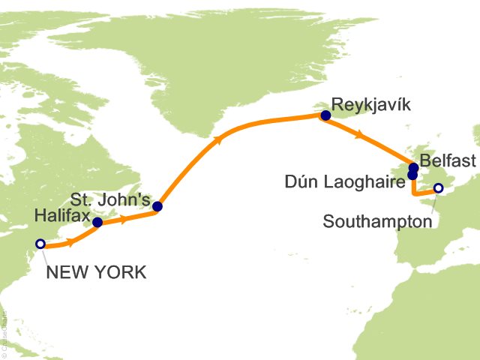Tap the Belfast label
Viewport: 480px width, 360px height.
448,160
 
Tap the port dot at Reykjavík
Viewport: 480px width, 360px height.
325,115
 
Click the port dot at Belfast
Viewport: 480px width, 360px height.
413,167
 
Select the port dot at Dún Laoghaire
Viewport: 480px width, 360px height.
412,175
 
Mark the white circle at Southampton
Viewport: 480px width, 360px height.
438,188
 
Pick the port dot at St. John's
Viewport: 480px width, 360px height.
157,206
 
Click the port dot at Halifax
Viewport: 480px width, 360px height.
97,222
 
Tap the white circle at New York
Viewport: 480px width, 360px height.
40,244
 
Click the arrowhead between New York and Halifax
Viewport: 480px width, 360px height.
70,242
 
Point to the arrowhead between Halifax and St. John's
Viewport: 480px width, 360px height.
123,219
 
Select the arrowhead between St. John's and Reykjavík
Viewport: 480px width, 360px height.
217,139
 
